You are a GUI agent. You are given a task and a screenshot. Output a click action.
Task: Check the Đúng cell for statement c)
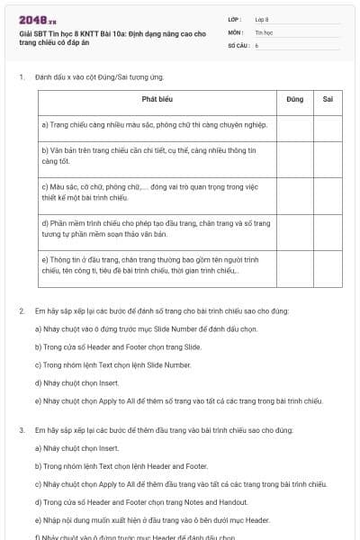(x=294, y=193)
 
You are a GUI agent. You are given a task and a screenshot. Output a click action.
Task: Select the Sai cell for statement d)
(x=328, y=229)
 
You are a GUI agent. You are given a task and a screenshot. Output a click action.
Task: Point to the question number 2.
(x=21, y=311)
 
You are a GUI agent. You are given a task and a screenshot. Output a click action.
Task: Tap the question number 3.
(x=21, y=430)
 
